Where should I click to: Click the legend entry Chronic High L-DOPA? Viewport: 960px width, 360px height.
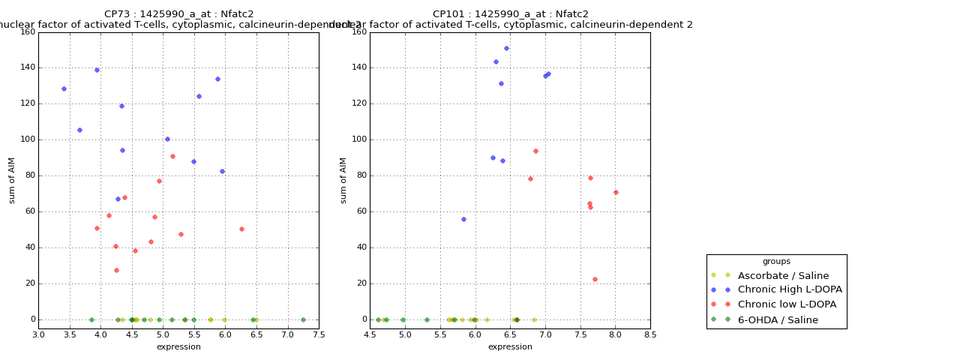pos(790,289)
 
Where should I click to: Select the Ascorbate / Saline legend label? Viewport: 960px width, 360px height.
pos(783,275)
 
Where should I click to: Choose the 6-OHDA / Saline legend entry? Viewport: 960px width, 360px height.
pos(778,319)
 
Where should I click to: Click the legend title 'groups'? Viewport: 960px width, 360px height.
pos(776,261)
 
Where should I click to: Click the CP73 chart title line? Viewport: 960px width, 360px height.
pos(178,14)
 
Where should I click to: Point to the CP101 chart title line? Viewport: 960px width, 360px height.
pos(510,14)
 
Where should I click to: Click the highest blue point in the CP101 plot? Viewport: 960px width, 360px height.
pos(506,48)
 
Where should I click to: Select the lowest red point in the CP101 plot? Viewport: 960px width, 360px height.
pos(595,279)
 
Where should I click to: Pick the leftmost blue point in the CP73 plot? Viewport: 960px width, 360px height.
pos(64,88)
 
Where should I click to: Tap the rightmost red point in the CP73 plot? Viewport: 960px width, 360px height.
pos(241,229)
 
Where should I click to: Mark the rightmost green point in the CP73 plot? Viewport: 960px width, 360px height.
pos(303,319)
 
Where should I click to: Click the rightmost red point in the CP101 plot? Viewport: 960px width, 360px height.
pos(616,192)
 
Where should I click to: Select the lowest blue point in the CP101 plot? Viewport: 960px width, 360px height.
pos(463,219)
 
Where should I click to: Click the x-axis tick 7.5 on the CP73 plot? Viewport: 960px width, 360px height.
pos(319,334)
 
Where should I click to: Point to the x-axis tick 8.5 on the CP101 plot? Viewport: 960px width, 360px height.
pos(650,334)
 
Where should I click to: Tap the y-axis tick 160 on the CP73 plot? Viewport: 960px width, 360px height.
pos(27,31)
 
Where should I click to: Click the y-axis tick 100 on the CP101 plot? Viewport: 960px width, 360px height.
pos(358,139)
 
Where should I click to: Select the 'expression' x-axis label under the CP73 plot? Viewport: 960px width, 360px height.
pos(178,346)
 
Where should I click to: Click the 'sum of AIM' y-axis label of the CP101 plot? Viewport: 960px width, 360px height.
pos(343,180)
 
